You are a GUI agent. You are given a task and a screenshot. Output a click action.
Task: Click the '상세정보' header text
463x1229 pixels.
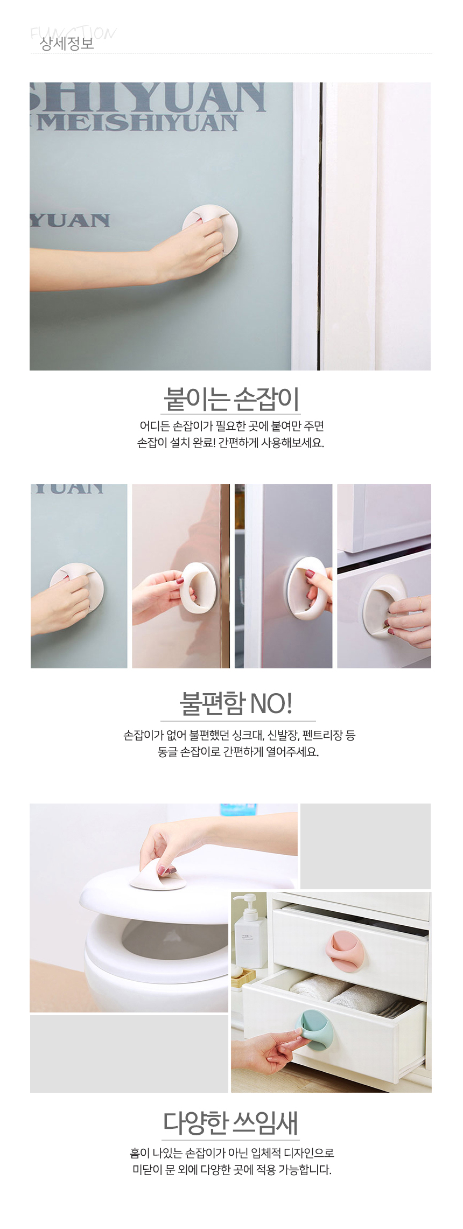pos(67,44)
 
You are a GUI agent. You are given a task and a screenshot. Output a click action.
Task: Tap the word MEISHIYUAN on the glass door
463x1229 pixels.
pos(138,123)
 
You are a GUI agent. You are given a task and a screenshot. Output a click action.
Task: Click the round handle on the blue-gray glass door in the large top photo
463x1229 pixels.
pos(211,230)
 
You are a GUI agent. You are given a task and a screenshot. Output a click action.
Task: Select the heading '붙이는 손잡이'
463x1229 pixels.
pos(231,399)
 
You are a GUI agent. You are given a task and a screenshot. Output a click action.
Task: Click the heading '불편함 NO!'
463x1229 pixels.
pos(236,703)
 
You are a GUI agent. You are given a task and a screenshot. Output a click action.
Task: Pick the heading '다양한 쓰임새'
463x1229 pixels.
pos(230,1123)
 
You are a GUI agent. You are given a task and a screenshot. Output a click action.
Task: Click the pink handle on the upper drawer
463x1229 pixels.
pos(345,952)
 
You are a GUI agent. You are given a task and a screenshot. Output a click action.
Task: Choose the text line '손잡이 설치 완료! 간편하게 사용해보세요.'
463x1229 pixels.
pos(231,443)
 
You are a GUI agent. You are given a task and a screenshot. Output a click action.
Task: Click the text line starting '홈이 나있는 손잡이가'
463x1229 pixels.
pos(232,1153)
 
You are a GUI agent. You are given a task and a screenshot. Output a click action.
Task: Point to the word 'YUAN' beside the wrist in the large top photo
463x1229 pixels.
pos(70,220)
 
